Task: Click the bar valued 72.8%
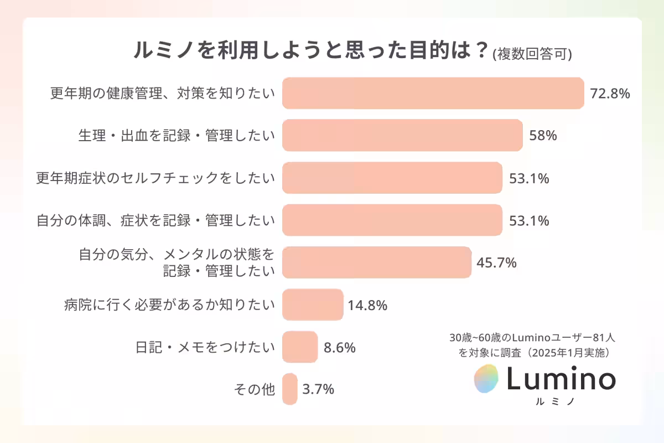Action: (x=433, y=93)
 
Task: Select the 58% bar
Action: (x=402, y=135)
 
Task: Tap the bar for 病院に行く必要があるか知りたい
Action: (x=313, y=305)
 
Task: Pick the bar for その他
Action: (x=289, y=389)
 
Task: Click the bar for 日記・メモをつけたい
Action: (x=300, y=347)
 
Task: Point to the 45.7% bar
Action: (x=377, y=262)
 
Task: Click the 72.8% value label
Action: (x=610, y=94)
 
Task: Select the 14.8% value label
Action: (x=367, y=305)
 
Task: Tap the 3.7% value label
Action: (x=318, y=389)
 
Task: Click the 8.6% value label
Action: (x=339, y=348)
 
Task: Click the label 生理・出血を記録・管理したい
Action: (x=176, y=136)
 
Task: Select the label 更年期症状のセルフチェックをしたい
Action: (x=155, y=178)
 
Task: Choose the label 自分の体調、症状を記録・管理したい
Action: (x=155, y=220)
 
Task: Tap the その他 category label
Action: (x=255, y=390)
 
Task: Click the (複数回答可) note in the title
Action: (x=532, y=54)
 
